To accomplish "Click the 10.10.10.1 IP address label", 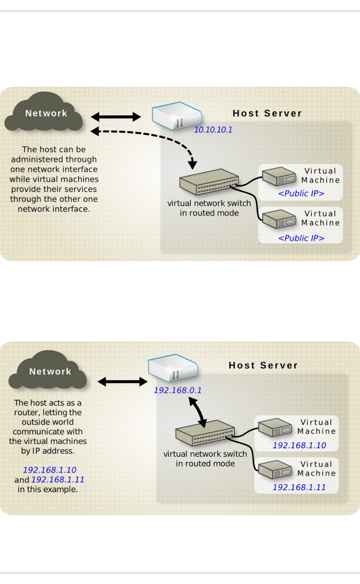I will (x=213, y=130).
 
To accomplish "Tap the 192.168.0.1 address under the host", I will (x=178, y=390).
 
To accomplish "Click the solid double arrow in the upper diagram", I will (x=116, y=117).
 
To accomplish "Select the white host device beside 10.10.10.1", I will (x=176, y=116).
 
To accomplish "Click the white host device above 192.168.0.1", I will (x=173, y=367).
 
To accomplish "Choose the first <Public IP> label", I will (x=301, y=193).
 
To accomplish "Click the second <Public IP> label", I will (x=301, y=238).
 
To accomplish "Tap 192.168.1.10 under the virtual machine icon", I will (x=299, y=445).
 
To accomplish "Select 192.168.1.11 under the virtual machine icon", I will (x=299, y=487).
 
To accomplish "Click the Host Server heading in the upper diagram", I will (x=267, y=113).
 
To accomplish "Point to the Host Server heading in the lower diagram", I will (x=263, y=365).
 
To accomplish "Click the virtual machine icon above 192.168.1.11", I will (x=275, y=470).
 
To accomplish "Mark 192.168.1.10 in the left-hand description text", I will (x=49, y=470).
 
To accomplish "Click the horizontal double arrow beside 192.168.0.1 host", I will (x=122, y=381).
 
